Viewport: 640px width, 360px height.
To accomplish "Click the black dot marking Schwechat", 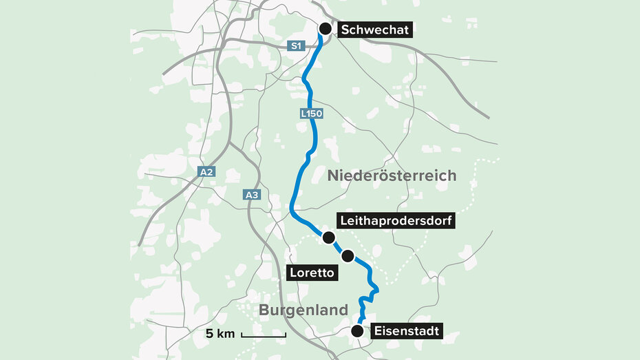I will point(326,28).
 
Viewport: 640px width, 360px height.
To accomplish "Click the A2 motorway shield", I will point(207,171).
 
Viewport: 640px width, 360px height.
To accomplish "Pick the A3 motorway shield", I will point(253,195).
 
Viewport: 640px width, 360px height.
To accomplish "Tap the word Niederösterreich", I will point(392,176).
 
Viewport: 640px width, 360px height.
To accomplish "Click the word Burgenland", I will point(303,310).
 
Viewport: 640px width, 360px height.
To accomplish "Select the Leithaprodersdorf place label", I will point(395,220).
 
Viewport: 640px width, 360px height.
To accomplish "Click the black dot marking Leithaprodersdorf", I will point(328,237).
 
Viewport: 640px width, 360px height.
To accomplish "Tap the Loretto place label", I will point(312,273).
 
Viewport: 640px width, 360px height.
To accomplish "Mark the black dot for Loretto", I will point(348,256).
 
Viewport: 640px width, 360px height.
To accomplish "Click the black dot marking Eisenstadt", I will point(356,331).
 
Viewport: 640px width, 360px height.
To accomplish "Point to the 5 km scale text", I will point(220,334).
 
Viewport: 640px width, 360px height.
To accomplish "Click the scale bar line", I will point(264,335).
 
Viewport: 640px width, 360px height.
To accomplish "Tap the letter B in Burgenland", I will point(264,310).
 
